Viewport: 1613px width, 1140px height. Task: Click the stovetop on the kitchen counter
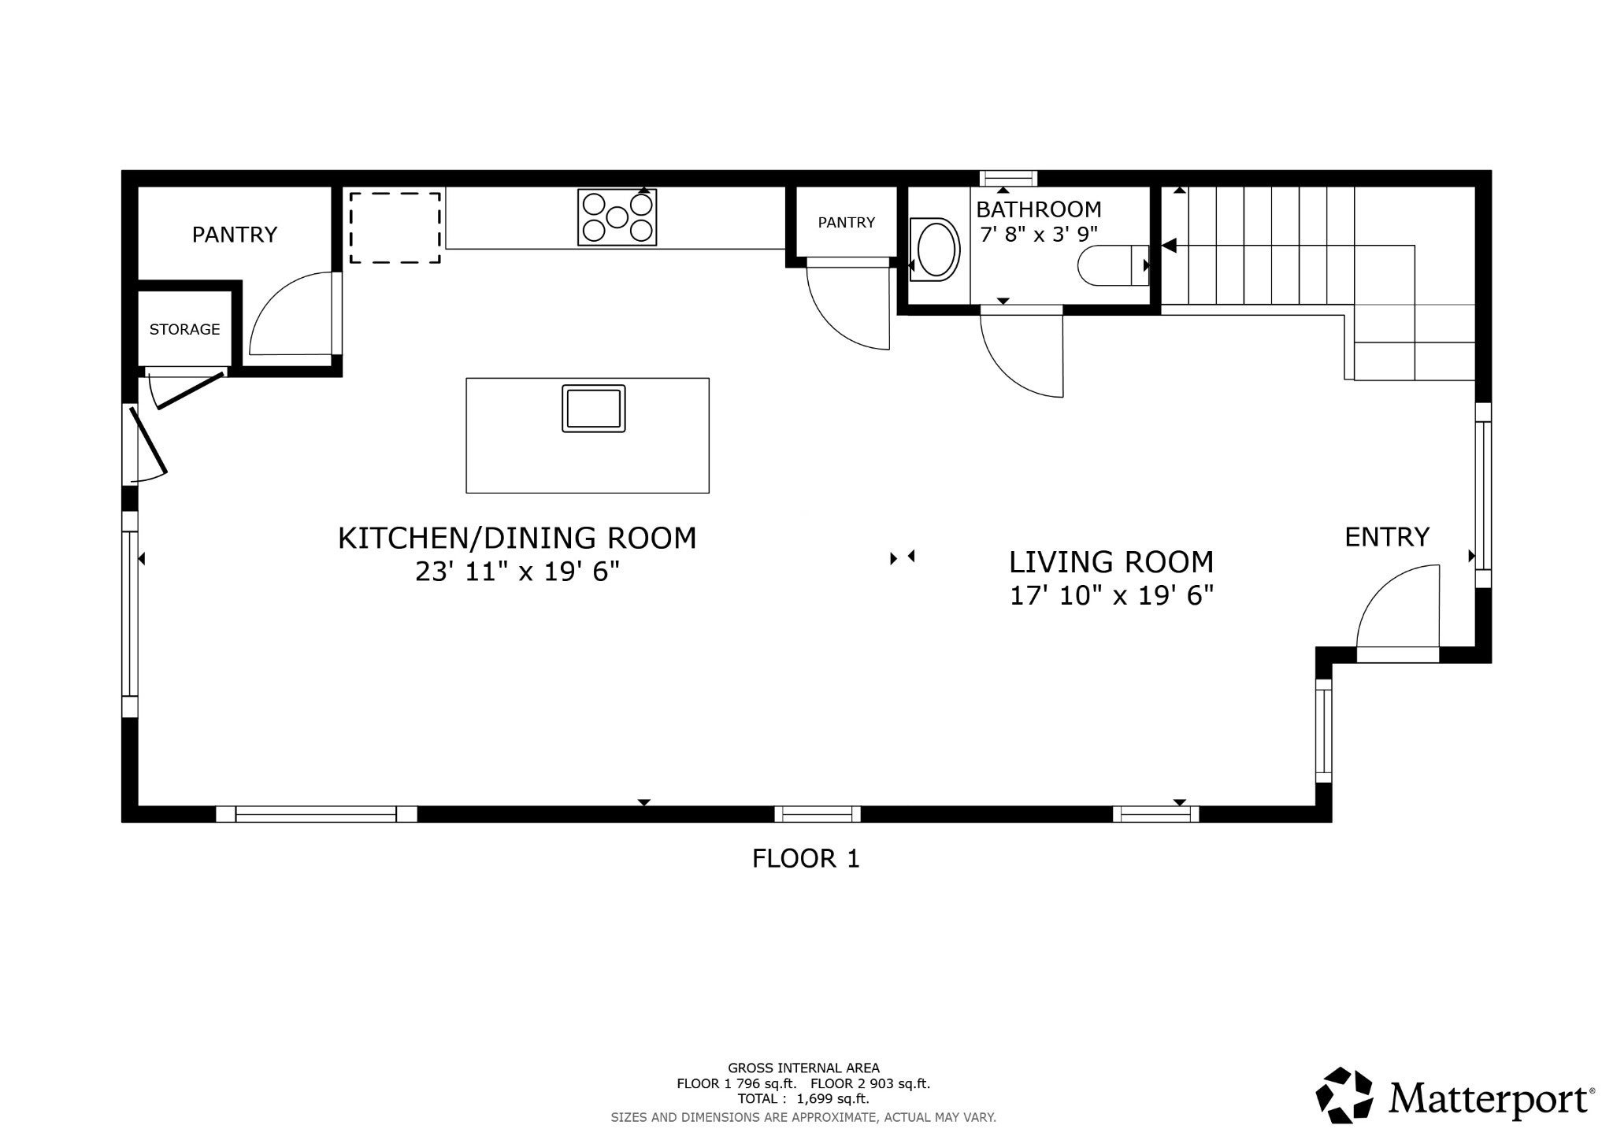tap(617, 217)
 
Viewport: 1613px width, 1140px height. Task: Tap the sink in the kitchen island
tap(594, 408)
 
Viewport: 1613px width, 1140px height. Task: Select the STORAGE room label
tap(185, 329)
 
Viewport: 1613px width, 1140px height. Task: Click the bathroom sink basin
tap(936, 249)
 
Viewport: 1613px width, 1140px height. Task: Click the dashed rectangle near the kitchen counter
tap(395, 228)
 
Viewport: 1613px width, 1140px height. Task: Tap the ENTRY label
tap(1387, 537)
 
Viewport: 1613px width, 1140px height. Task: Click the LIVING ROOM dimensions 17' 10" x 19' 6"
tap(1111, 596)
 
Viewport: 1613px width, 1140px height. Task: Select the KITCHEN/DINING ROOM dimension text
tap(517, 572)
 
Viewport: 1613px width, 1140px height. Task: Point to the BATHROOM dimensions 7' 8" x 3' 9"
tap(1038, 234)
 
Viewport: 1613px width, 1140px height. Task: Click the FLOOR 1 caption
tap(806, 858)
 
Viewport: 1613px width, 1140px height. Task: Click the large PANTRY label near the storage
tap(235, 235)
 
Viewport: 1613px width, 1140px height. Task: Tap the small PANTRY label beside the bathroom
tap(847, 223)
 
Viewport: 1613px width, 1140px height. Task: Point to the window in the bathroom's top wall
tap(1008, 178)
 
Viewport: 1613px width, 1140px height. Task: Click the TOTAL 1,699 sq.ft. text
tap(803, 1099)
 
